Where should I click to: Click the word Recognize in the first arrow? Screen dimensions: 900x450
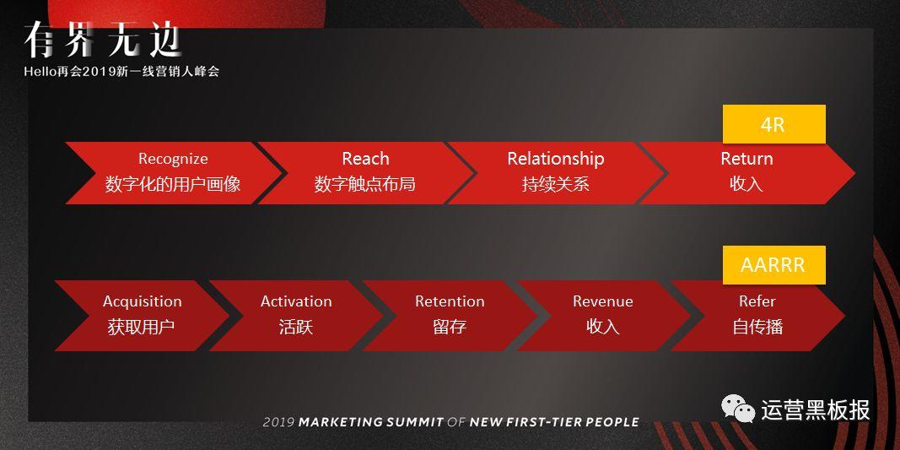tap(173, 159)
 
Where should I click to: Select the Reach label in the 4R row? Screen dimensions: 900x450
tap(365, 159)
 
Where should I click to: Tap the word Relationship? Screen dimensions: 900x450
tap(556, 159)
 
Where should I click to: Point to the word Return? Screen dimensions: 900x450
tap(746, 159)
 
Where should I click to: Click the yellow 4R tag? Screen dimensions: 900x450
tap(773, 124)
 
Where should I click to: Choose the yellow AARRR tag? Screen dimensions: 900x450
tap(773, 265)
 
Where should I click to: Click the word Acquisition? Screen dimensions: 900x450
tap(142, 301)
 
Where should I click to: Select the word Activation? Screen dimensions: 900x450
tap(296, 301)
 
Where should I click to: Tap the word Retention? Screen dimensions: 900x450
tap(450, 301)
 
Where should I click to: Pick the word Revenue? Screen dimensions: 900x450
tap(603, 301)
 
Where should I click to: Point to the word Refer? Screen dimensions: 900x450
tap(757, 301)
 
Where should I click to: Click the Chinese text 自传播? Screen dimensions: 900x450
tap(757, 327)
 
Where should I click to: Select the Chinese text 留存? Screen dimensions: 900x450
tap(450, 327)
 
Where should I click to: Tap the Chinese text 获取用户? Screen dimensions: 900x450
tap(141, 327)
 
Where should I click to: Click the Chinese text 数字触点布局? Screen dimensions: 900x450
tap(365, 184)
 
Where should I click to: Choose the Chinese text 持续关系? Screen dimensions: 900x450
tap(556, 184)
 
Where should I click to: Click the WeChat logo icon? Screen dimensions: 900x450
tap(738, 409)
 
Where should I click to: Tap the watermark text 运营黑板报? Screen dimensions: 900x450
tap(816, 409)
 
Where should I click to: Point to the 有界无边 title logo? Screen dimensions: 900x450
tap(102, 41)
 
